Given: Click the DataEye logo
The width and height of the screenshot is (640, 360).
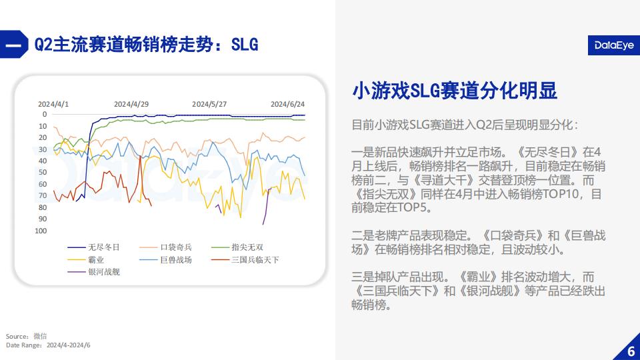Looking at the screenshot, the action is pyautogui.click(x=614, y=45).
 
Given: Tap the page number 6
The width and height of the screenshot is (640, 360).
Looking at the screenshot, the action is pyautogui.click(x=631, y=351).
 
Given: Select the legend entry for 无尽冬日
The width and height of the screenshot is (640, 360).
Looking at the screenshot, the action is pyautogui.click(x=93, y=247).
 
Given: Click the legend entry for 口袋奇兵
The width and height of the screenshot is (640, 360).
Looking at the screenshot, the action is pyautogui.click(x=165, y=247).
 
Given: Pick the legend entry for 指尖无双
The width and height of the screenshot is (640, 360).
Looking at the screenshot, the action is pyautogui.click(x=237, y=247).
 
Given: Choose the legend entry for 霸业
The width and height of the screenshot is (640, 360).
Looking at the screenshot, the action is pyautogui.click(x=86, y=259).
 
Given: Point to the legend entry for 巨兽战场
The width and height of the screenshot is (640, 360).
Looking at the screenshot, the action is pyautogui.click(x=165, y=259).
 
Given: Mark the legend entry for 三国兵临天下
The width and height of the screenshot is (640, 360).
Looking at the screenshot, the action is pyautogui.click(x=245, y=259).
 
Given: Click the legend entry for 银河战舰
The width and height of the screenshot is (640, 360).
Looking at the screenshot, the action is pyautogui.click(x=93, y=272).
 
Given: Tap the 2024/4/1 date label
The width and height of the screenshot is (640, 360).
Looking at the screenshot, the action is pyautogui.click(x=53, y=104).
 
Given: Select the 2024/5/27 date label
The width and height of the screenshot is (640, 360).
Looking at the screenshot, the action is pyautogui.click(x=209, y=104).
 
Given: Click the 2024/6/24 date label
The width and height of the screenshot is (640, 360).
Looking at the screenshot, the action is pyautogui.click(x=288, y=104).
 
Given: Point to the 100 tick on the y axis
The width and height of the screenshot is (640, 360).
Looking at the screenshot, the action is pyautogui.click(x=41, y=231).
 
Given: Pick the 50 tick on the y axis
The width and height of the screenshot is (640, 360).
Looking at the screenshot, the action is pyautogui.click(x=43, y=172).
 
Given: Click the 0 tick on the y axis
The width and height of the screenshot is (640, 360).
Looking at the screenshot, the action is pyautogui.click(x=45, y=114).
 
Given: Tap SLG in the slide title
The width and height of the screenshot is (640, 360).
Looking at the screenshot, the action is pyautogui.click(x=245, y=45).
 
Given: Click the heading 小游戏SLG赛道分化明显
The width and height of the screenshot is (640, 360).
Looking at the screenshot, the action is pyautogui.click(x=455, y=91).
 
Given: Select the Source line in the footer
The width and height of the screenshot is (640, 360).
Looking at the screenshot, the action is pyautogui.click(x=26, y=336).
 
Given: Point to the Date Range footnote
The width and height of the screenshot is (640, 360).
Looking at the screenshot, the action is pyautogui.click(x=48, y=345).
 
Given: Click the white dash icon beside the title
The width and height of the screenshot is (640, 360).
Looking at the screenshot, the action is pyautogui.click(x=13, y=45).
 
